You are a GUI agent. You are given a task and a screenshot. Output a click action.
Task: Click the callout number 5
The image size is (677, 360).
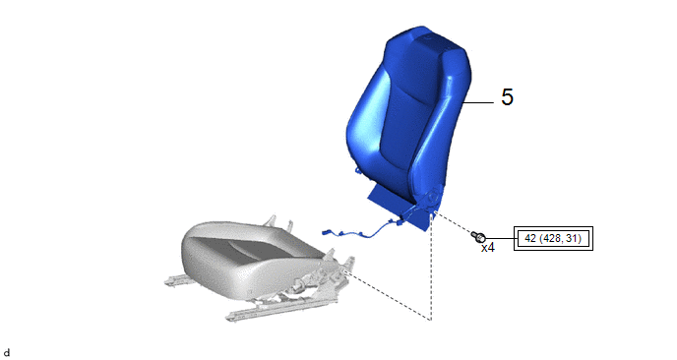pos(508,96)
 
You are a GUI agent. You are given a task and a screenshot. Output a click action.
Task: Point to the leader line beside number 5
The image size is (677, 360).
pos(478,102)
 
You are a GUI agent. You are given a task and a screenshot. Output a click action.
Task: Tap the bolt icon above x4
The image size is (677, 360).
pos(478,236)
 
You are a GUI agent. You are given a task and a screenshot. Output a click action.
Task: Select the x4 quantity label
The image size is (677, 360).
pos(488,248)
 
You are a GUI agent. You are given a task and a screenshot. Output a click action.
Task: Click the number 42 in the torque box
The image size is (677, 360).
pos(529,238)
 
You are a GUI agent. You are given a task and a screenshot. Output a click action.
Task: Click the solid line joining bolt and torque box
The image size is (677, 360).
pos(500,238)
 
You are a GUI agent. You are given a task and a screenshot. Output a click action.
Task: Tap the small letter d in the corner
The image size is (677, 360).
pos(7,353)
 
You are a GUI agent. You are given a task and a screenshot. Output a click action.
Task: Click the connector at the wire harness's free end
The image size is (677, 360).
pos(326,233)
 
